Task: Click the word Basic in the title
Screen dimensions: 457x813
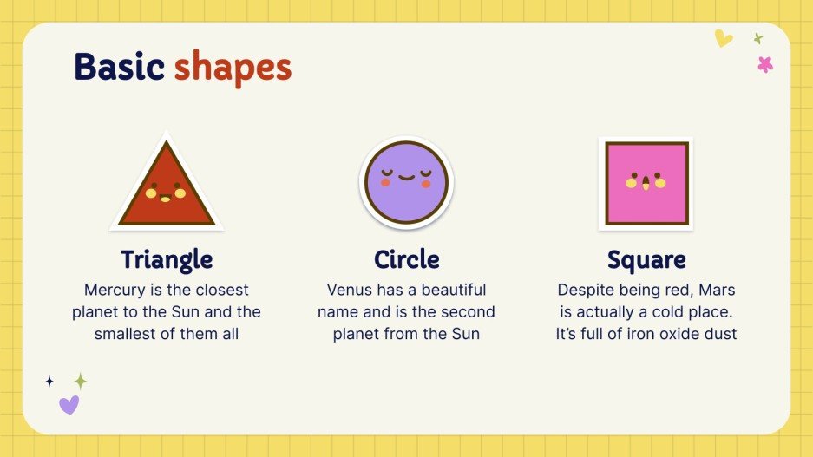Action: (119, 67)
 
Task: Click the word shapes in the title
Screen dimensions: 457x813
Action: (233, 69)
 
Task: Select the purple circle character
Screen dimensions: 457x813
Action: (406, 182)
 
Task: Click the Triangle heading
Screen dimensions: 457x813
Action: (167, 259)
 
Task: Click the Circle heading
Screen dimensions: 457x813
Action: (407, 259)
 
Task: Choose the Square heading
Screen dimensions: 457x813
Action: (646, 259)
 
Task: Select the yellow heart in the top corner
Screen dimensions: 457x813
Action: (723, 38)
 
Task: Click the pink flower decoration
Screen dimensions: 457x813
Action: (764, 63)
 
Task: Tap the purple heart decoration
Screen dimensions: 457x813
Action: (69, 404)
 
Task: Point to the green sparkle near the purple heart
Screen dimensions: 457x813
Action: (80, 381)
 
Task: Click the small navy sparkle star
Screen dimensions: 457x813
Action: (49, 381)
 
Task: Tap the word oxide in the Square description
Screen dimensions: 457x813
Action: (669, 333)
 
